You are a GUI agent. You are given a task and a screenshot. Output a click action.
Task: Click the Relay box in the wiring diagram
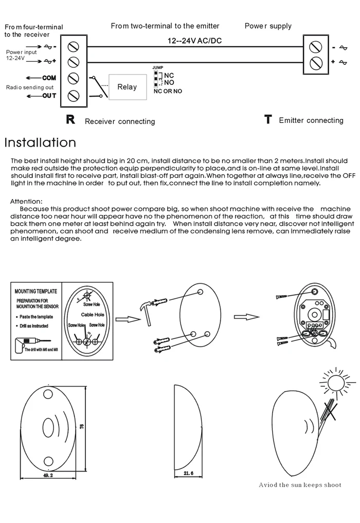(127, 87)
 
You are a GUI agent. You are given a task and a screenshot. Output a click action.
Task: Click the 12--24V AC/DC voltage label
(195, 41)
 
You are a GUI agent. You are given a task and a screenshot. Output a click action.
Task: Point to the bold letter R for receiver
(71, 120)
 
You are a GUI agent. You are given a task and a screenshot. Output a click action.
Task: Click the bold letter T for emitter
(267, 120)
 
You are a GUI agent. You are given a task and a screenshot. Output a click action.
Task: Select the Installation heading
(40, 142)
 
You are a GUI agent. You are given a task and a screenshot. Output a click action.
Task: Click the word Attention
(26, 202)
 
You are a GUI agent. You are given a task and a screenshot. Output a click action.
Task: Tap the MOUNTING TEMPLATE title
(36, 291)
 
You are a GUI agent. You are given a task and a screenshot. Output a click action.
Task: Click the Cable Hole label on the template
(93, 314)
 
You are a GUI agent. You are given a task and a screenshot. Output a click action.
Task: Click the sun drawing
(336, 383)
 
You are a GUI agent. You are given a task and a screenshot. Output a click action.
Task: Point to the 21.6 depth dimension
(188, 474)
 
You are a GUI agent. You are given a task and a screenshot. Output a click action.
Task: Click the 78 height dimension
(81, 426)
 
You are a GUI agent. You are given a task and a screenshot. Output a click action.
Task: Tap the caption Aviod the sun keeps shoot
(300, 485)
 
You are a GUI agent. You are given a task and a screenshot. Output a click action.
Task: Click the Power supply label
(267, 26)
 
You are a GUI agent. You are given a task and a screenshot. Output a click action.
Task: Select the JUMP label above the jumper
(157, 67)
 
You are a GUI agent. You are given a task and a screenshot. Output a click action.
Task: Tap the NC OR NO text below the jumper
(168, 92)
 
